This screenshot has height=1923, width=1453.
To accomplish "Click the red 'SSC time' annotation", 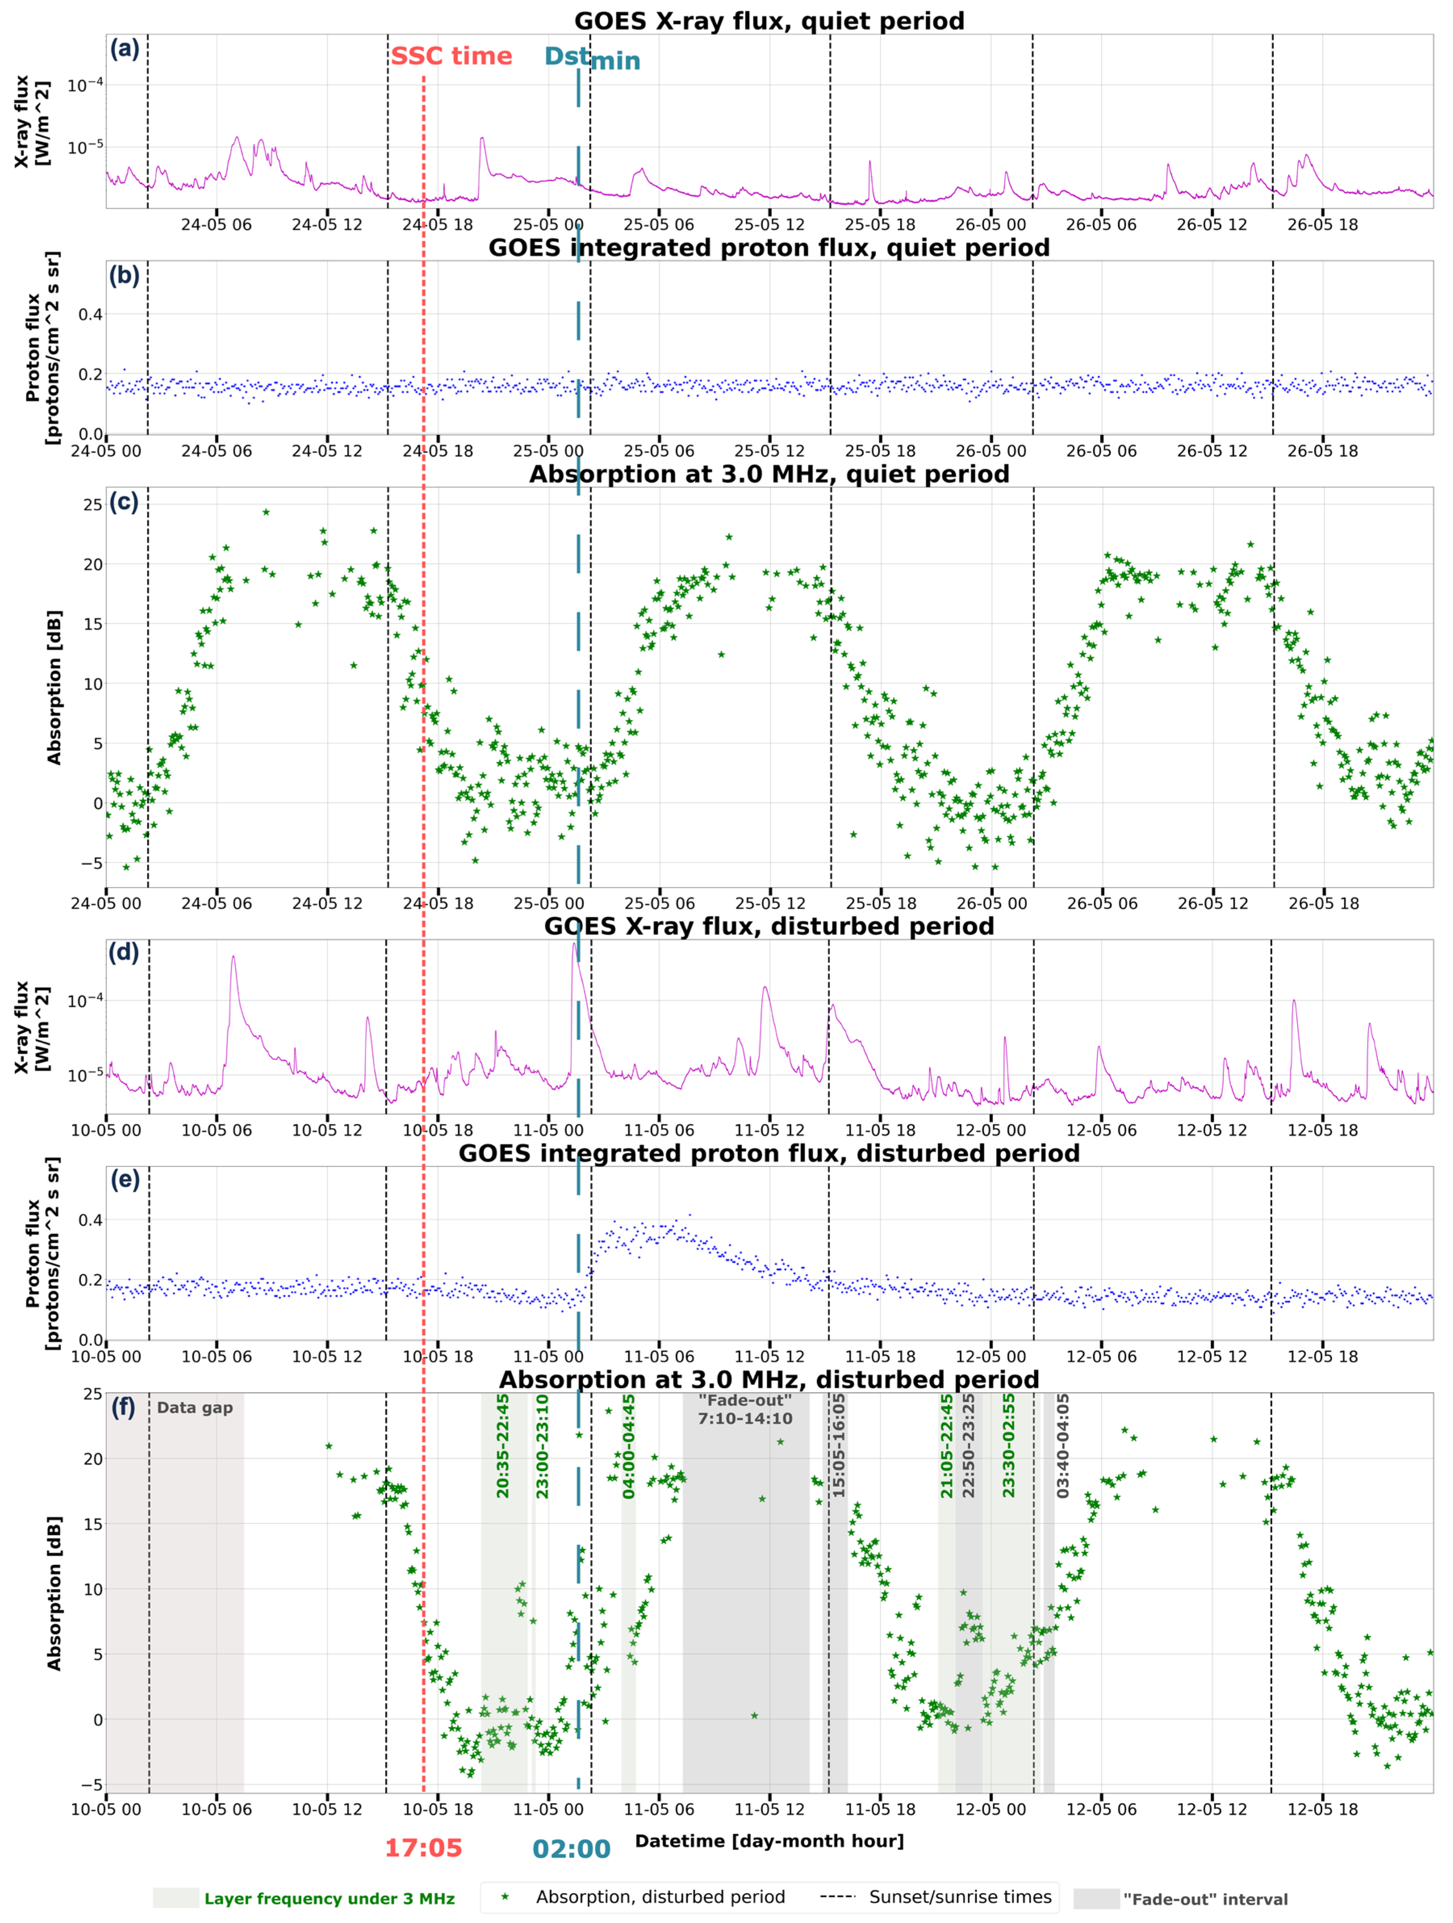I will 451,57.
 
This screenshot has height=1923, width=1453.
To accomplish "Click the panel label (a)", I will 124,50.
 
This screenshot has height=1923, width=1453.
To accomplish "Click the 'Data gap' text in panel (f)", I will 195,1408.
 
